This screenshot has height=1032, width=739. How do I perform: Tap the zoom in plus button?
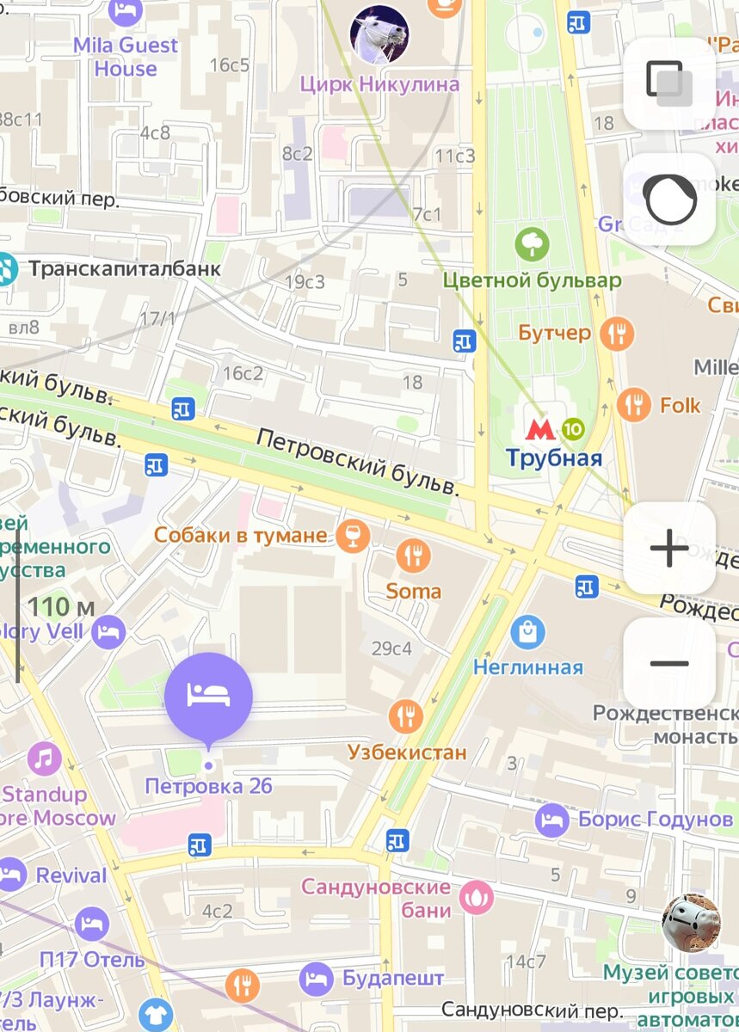(669, 549)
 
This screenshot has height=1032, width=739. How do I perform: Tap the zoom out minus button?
(669, 663)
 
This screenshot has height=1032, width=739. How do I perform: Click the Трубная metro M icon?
(540, 428)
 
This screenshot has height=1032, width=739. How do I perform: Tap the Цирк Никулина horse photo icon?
(379, 34)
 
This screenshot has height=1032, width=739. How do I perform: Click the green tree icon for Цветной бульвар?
(532, 245)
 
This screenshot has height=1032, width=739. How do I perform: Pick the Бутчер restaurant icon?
(617, 333)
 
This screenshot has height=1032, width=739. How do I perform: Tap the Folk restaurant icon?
(634, 404)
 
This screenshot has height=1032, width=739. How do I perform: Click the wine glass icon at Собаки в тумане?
(353, 536)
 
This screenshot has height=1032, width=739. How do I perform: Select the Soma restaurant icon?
(414, 556)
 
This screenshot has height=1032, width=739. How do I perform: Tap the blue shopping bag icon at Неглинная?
(527, 633)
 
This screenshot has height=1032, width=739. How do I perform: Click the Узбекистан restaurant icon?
(406, 716)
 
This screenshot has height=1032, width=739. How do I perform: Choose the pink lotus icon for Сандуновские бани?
(476, 897)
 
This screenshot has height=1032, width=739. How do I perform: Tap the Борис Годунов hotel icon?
(552, 820)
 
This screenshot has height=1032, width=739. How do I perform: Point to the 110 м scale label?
(60, 607)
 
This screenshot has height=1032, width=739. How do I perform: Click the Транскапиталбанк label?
(125, 269)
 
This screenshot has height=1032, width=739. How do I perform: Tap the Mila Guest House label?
(126, 57)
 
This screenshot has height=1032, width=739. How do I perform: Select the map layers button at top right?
(669, 83)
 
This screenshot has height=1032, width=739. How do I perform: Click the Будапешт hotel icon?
(317, 978)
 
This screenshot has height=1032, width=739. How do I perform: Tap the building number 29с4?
(391, 648)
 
